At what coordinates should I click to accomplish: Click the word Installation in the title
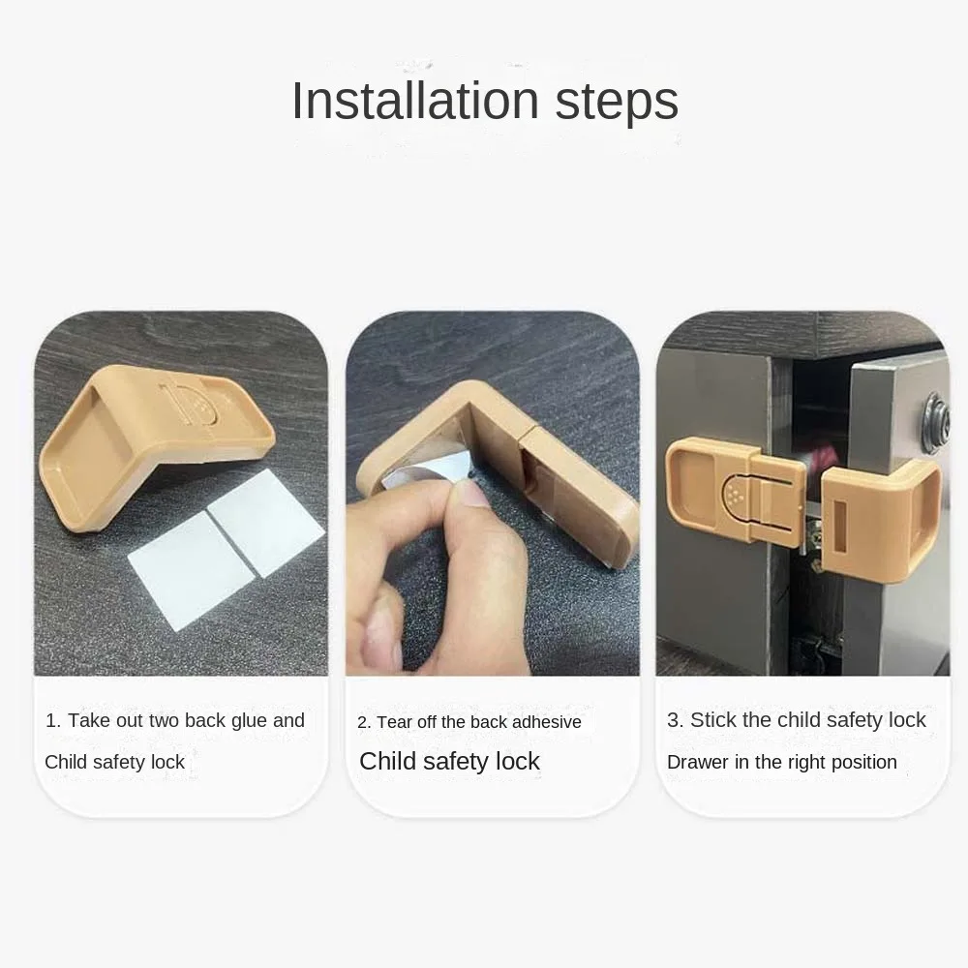[415, 101]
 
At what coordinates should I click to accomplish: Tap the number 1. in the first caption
[53, 721]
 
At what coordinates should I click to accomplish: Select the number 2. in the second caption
[364, 723]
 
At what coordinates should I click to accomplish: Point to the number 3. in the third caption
[676, 720]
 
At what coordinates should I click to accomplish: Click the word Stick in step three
[713, 720]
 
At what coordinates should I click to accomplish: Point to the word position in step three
[862, 763]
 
